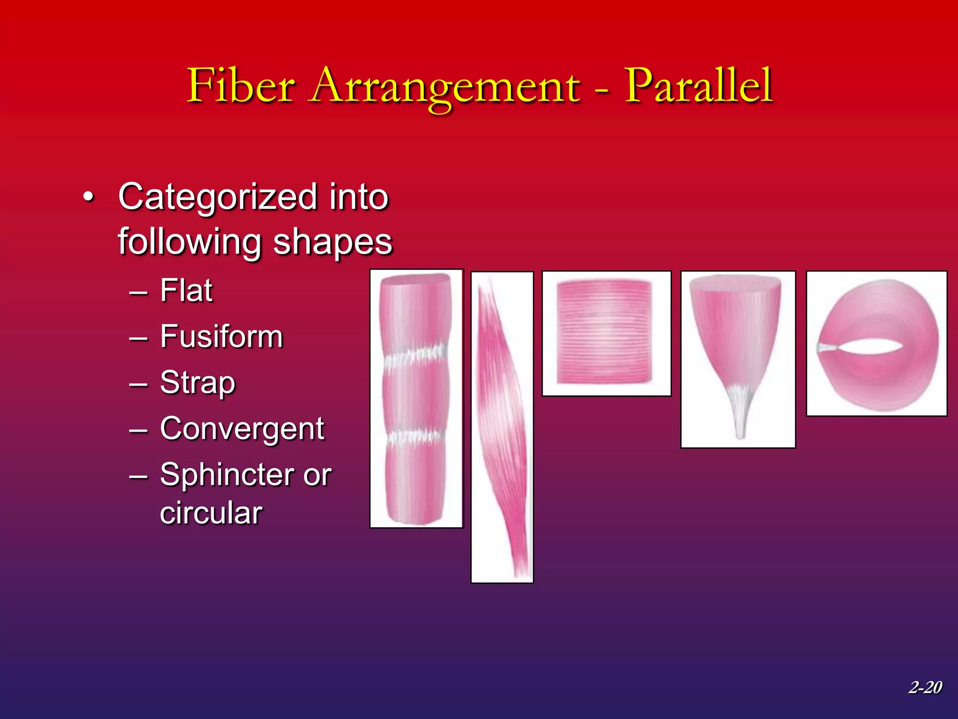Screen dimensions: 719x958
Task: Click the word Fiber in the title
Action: (x=241, y=86)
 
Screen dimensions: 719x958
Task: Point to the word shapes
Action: (x=332, y=242)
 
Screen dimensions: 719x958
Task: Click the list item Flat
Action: (x=186, y=291)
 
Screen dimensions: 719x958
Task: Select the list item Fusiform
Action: (x=221, y=337)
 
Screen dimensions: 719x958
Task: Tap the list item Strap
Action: (x=197, y=383)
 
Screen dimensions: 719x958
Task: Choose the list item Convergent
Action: (x=242, y=429)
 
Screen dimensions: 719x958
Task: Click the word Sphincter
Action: (x=225, y=475)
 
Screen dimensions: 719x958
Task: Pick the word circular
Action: (x=211, y=513)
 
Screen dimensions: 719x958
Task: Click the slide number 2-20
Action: (x=925, y=687)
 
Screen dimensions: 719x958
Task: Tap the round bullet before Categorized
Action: (x=88, y=198)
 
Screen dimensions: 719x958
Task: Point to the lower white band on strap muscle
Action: (x=414, y=436)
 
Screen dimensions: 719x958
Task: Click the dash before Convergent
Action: (x=138, y=430)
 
